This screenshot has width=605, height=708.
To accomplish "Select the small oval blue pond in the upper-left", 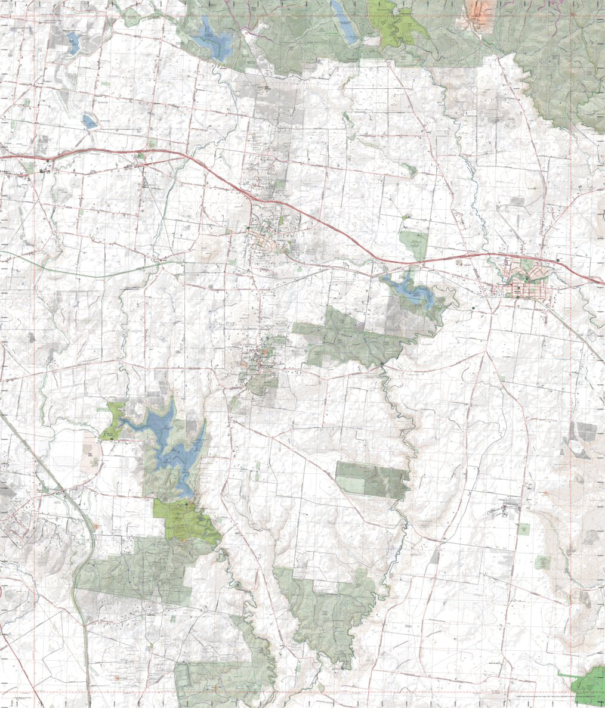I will pos(89,122).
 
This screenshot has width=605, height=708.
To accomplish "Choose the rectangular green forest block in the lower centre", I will pos(372,479).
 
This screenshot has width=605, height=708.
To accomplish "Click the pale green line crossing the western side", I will pos(89,271).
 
